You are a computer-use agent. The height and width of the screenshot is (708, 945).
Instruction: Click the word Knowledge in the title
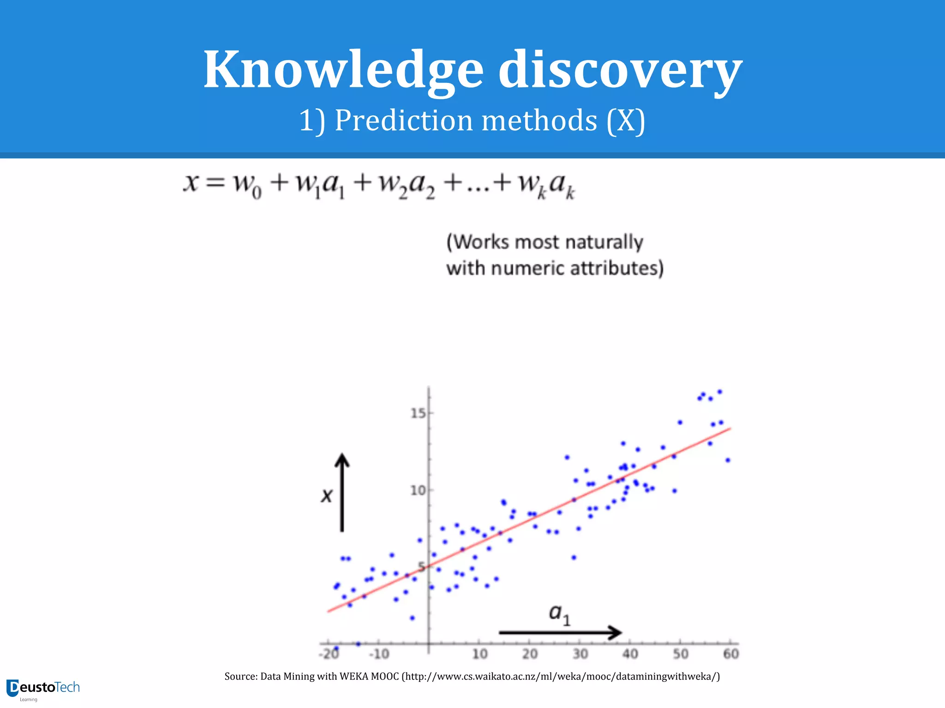[x=343, y=70]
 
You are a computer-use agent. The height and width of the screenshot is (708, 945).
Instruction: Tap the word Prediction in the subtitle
[x=404, y=121]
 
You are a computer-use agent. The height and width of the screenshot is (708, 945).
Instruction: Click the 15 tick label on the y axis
[x=418, y=413]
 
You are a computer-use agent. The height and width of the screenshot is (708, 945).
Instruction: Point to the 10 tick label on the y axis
[x=418, y=490]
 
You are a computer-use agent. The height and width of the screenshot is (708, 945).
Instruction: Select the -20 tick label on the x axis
[x=329, y=654]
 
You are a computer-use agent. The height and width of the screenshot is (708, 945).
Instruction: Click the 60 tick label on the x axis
[x=731, y=654]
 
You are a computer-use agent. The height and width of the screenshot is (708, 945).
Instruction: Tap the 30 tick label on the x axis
[x=580, y=654]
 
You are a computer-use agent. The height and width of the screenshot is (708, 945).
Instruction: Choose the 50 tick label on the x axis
[x=681, y=654]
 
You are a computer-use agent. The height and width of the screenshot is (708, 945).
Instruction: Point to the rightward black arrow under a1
[x=560, y=632]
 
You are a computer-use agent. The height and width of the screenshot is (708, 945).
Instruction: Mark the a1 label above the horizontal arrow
[x=559, y=614]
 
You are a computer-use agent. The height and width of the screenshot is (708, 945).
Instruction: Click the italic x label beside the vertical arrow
[x=327, y=496]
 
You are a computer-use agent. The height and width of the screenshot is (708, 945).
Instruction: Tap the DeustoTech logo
[x=43, y=689]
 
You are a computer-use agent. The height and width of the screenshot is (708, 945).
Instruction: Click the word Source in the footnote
[x=240, y=677]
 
